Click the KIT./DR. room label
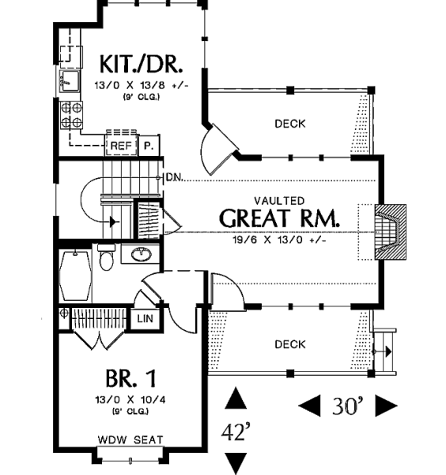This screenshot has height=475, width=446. point(141,64)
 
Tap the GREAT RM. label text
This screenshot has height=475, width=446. point(279,218)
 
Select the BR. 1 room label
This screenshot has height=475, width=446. point(130,378)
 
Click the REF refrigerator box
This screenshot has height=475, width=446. point(121,146)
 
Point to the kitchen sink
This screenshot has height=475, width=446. point(70,81)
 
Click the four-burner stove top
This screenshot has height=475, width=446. point(71,115)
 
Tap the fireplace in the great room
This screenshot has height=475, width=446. point(391,232)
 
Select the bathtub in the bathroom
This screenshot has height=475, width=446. point(75,275)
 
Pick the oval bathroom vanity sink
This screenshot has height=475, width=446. point(141,254)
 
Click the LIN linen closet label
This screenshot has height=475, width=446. point(145,319)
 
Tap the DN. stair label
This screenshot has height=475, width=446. point(175,177)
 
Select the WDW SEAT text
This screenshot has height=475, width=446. point(130,439)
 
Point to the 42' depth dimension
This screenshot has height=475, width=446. point(236,432)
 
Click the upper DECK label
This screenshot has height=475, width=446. point(290,123)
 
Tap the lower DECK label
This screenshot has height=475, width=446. point(290,344)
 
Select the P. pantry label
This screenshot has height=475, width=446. point(149,146)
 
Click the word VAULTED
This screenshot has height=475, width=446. point(279,201)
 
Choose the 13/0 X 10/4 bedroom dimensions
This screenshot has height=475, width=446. point(130,400)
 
